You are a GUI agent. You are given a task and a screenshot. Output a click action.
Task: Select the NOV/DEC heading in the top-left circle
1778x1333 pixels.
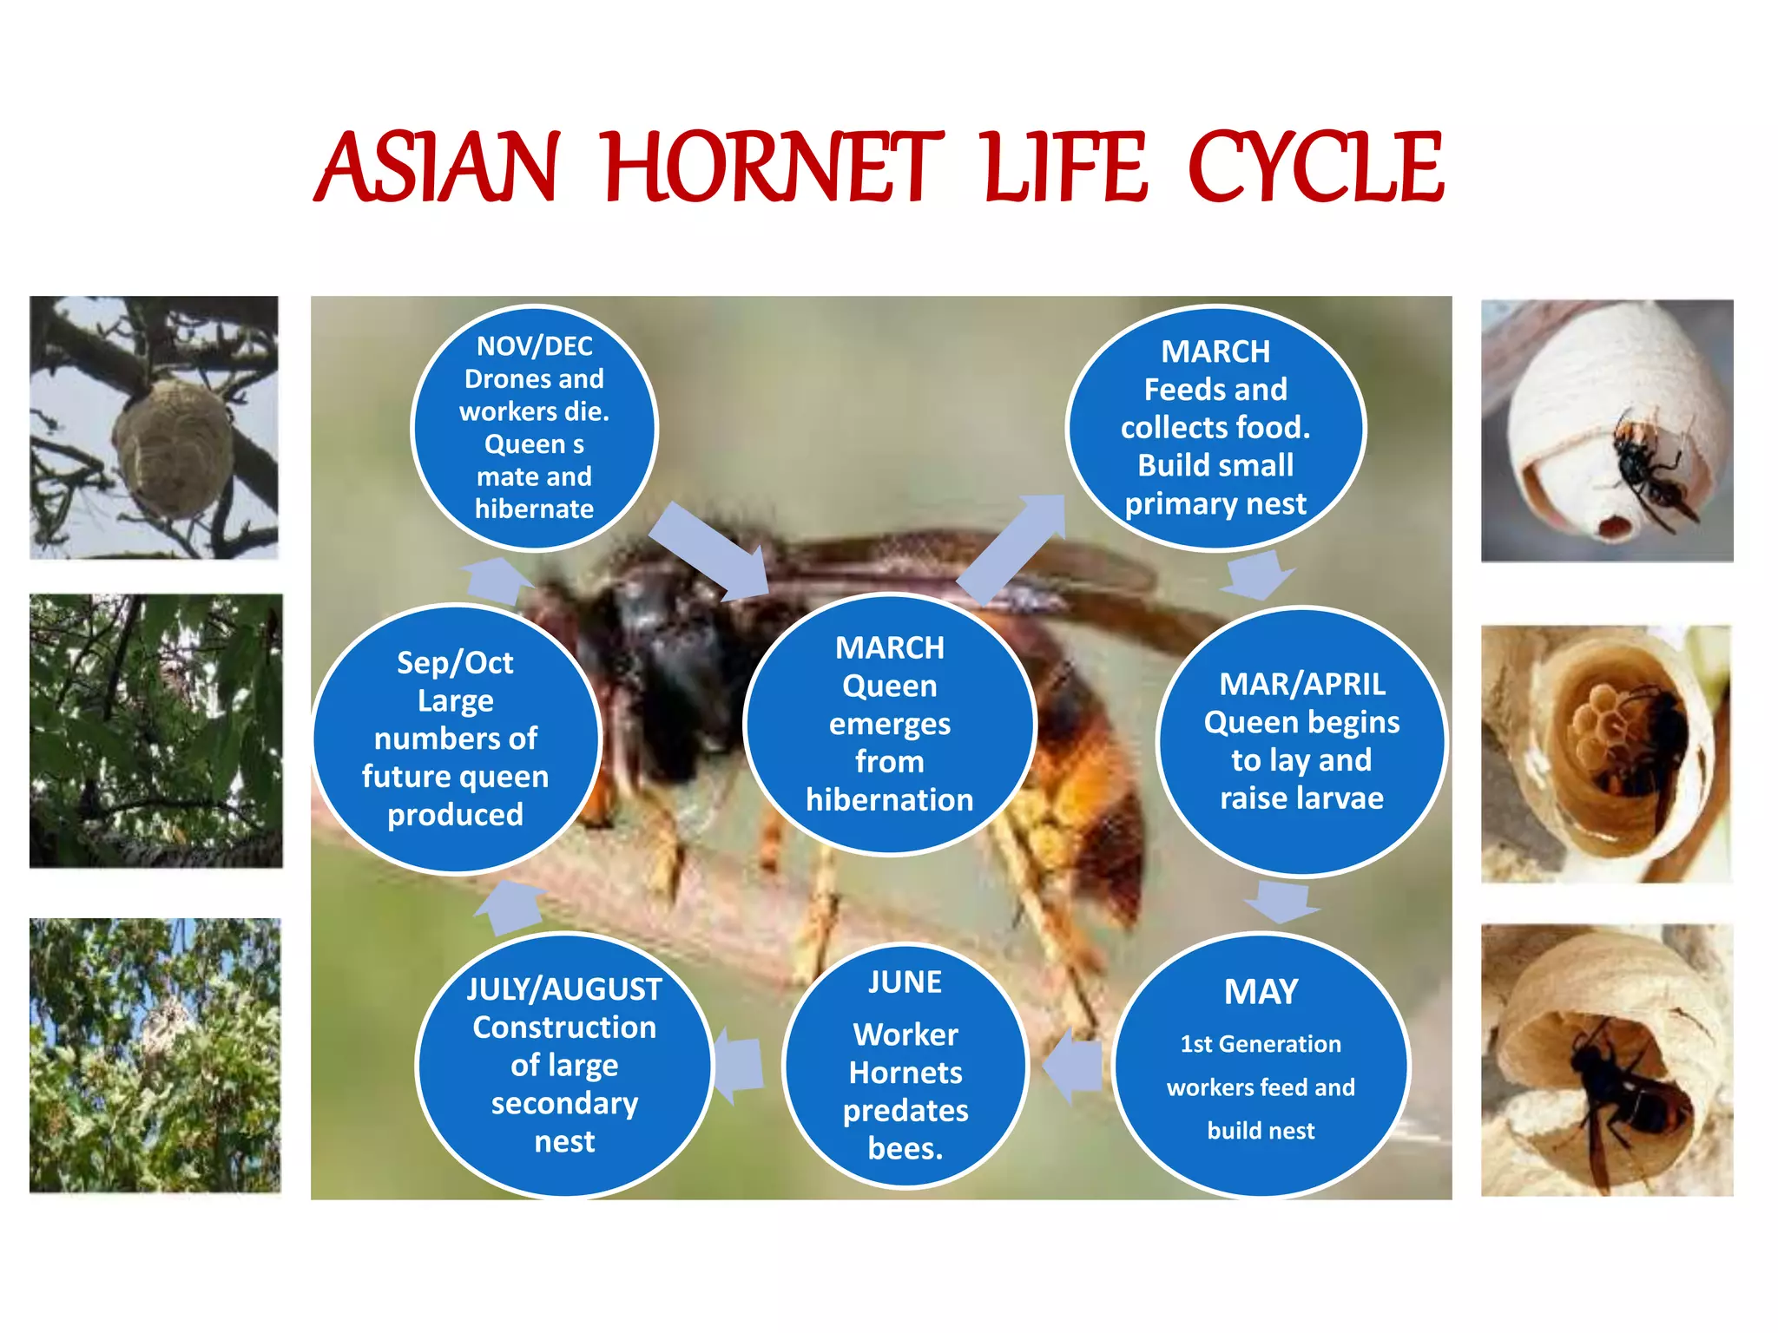[x=534, y=346]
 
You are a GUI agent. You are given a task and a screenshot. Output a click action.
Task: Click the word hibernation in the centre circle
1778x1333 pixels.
[x=889, y=799]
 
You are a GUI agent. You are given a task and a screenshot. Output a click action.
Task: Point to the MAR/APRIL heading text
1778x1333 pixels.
[x=1301, y=684]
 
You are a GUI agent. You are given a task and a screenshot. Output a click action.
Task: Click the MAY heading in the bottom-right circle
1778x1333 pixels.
[x=1261, y=991]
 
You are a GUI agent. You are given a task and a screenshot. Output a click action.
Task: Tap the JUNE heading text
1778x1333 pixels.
[x=905, y=982]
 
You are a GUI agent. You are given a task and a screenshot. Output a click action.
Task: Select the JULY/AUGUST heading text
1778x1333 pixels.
[x=564, y=989]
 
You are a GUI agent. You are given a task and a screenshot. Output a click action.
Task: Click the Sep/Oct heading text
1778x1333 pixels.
[x=455, y=662]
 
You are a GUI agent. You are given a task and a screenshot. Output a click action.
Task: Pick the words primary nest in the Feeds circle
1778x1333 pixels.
[x=1215, y=503]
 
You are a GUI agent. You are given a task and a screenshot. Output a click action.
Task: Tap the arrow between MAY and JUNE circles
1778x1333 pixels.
[x=1073, y=1066]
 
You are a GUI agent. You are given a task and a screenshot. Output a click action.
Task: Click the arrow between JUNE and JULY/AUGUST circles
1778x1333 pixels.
[x=738, y=1064]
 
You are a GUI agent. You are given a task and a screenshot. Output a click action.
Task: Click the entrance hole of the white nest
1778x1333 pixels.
[x=1615, y=525]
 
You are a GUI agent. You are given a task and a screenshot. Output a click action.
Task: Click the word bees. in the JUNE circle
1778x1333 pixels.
[x=905, y=1148]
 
